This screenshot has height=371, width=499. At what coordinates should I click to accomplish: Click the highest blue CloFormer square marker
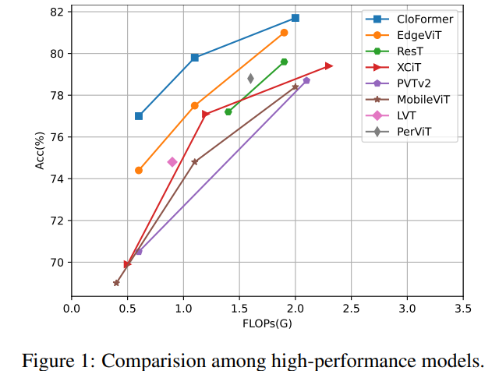pyautogui.click(x=296, y=18)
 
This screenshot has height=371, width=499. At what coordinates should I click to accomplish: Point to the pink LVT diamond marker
pyautogui.click(x=172, y=162)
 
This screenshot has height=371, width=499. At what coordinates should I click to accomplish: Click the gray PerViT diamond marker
pyautogui.click(x=250, y=78)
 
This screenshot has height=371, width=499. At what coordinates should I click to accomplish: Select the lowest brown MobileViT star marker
pyautogui.click(x=116, y=283)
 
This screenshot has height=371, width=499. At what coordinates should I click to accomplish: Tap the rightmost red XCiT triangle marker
pyautogui.click(x=329, y=66)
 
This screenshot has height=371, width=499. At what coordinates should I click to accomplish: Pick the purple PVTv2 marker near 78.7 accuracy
pyautogui.click(x=306, y=80)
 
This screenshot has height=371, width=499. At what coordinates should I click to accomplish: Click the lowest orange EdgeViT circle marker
pyautogui.click(x=139, y=170)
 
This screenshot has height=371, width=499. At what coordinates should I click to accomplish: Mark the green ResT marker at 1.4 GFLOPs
pyautogui.click(x=228, y=112)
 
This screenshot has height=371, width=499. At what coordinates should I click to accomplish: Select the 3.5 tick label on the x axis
pyautogui.click(x=462, y=308)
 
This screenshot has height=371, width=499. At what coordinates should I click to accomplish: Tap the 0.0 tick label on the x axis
pyautogui.click(x=72, y=308)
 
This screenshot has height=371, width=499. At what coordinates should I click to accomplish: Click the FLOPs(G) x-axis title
pyautogui.click(x=267, y=323)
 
